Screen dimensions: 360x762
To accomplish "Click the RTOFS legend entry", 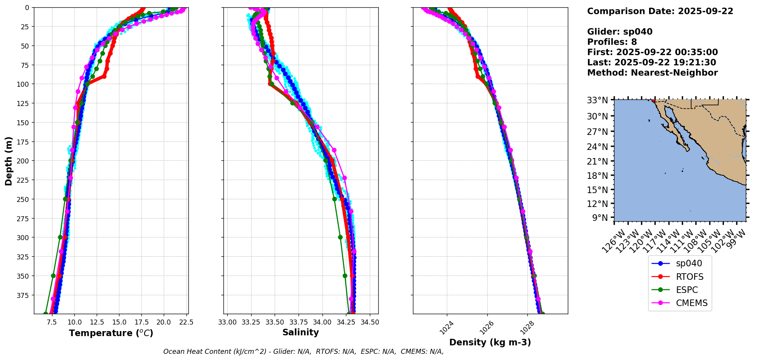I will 689,277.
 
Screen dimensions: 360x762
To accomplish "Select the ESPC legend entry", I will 686,290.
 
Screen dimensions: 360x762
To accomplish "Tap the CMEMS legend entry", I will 692,303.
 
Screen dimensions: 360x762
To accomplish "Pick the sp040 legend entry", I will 689,263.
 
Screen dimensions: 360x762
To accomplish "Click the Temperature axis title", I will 111,333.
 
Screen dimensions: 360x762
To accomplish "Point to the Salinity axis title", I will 300,332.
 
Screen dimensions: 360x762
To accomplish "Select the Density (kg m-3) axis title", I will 490,342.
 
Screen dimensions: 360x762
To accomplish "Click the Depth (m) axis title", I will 8,161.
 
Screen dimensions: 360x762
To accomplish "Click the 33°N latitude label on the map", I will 597,100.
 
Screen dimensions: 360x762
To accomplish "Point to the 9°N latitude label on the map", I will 599,218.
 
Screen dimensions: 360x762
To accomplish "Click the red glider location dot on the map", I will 653,101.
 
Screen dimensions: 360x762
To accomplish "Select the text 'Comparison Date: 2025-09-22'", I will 660,11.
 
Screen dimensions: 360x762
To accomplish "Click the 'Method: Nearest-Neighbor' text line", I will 652,73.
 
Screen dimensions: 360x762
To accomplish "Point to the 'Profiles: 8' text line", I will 612,42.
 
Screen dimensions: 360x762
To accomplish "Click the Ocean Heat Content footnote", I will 303,352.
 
